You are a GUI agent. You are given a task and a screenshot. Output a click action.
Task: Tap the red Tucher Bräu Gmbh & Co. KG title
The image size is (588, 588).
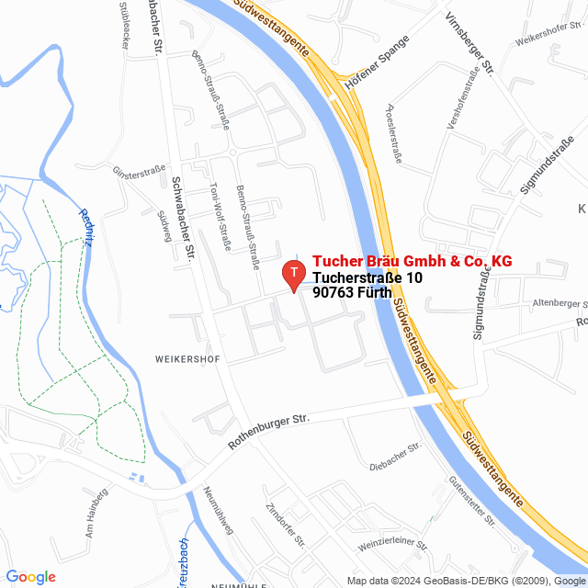click(x=412, y=262)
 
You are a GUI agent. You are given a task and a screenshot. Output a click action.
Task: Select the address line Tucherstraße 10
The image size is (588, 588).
click(x=367, y=277)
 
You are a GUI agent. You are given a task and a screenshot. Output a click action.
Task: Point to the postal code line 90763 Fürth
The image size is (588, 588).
click(x=359, y=293)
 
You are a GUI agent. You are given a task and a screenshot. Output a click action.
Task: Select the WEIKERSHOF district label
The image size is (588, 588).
click(x=187, y=359)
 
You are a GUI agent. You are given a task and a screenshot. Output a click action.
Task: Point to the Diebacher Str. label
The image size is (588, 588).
click(x=394, y=457)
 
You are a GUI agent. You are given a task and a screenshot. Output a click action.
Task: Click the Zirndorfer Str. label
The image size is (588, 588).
click(x=284, y=525)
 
